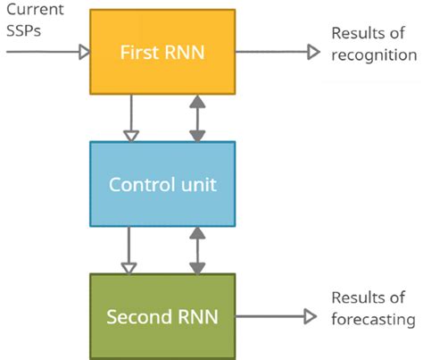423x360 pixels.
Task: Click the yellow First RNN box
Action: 162,52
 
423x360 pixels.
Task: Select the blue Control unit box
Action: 162,185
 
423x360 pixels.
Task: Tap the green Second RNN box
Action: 162,316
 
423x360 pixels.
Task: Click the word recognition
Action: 373,54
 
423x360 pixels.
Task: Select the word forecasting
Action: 373,319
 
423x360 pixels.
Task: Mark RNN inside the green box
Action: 196,317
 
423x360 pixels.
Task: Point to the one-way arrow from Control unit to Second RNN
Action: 129,250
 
